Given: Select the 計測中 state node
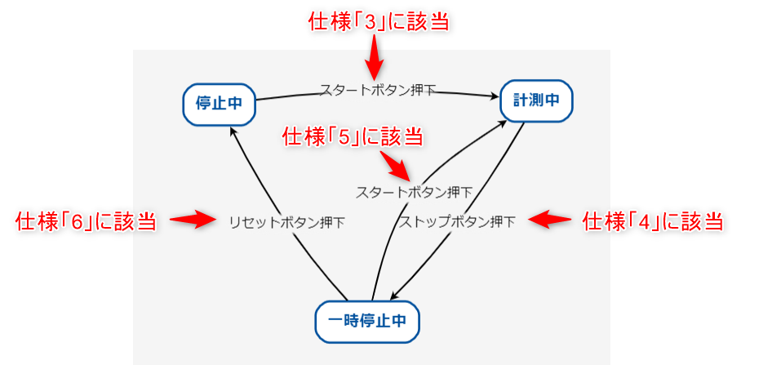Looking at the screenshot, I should pos(536,100).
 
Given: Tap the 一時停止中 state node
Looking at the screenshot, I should pos(366,321).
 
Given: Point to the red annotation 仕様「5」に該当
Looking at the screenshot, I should pos(353,136).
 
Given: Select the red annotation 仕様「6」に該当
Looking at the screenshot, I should pos(86,221).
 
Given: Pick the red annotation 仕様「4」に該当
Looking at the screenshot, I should pos(653,220).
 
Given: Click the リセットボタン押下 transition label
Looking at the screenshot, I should pos(286,222).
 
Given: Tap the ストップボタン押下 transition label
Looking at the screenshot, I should pos(457,221).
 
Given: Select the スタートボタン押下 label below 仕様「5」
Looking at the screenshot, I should pos(414,193).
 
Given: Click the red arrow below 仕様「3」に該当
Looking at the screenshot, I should pos(373,60).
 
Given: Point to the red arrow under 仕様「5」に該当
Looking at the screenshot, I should pos(397,165).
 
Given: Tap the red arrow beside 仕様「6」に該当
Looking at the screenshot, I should pos(193,220).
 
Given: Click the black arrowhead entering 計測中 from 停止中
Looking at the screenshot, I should pos(495,98).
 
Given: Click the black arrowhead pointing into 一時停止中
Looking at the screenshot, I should pos(395,298).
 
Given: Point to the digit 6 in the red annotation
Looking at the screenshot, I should pos(79,221).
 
